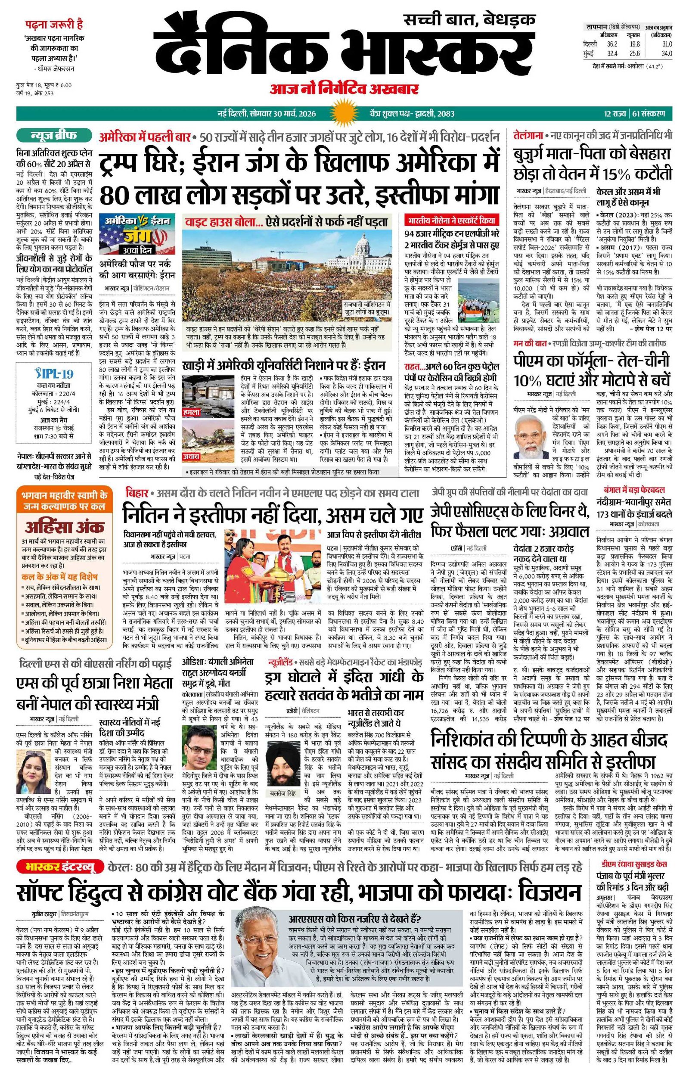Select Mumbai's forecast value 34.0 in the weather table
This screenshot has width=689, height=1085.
pos(667,53)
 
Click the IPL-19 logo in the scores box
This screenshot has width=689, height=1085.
pos(54,374)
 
